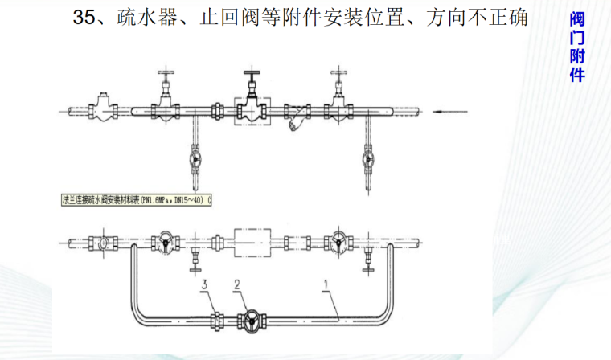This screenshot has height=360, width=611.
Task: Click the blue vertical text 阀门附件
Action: pyautogui.click(x=576, y=48)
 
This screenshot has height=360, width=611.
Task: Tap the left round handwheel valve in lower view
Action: pyautogui.click(x=164, y=241)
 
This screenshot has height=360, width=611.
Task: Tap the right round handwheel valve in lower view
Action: pyautogui.click(x=338, y=241)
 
